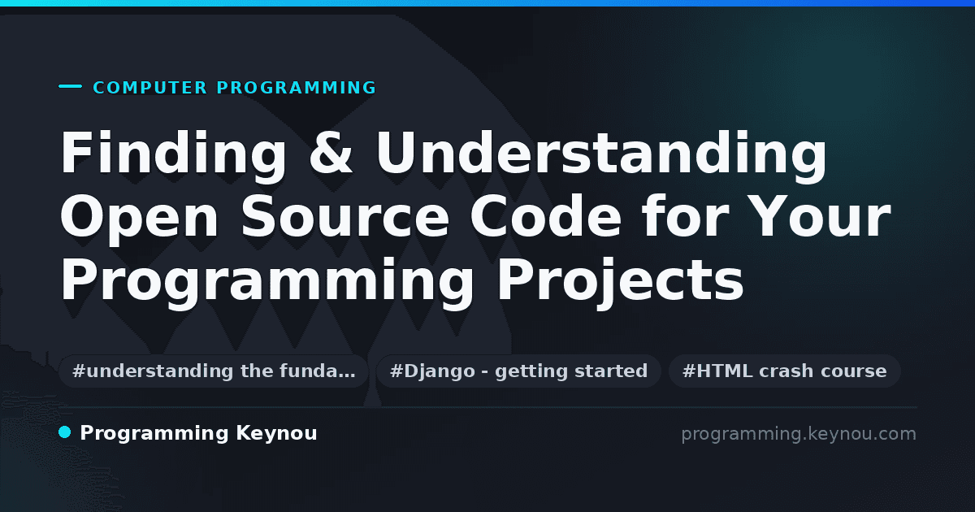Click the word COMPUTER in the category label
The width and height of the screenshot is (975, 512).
(x=149, y=88)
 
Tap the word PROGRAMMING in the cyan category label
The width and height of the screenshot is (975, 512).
(x=296, y=88)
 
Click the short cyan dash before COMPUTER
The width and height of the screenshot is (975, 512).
(x=70, y=86)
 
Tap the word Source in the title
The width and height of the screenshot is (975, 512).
(x=345, y=217)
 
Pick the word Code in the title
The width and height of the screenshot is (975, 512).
(x=546, y=215)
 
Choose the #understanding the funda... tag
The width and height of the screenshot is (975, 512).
(x=214, y=371)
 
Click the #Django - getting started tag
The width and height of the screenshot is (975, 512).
(x=519, y=371)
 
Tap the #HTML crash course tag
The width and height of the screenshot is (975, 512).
(x=784, y=371)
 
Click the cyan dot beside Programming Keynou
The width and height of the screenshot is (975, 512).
(x=65, y=432)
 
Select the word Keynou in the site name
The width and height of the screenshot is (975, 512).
(x=276, y=434)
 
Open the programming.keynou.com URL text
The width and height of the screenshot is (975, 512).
(x=799, y=435)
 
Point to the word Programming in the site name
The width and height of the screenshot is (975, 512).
(x=154, y=434)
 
